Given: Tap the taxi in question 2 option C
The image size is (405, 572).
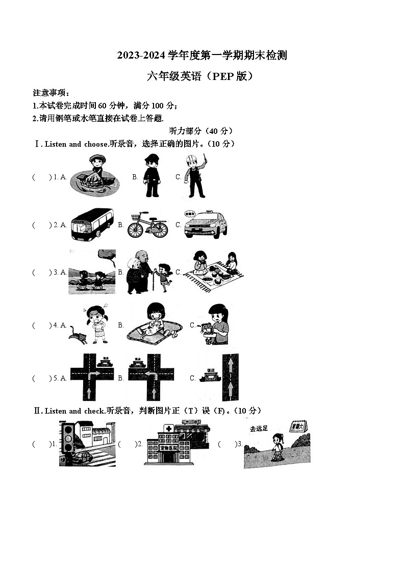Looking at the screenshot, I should coord(206,225).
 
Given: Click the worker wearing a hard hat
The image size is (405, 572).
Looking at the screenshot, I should coord(194,176).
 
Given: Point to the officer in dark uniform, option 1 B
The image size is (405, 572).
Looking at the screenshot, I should coord(151,176).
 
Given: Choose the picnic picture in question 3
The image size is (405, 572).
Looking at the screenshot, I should coord(214,271).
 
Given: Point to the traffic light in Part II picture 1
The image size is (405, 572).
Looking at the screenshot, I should coord(67,437).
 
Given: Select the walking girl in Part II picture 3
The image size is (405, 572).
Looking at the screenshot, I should coord(277,447).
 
